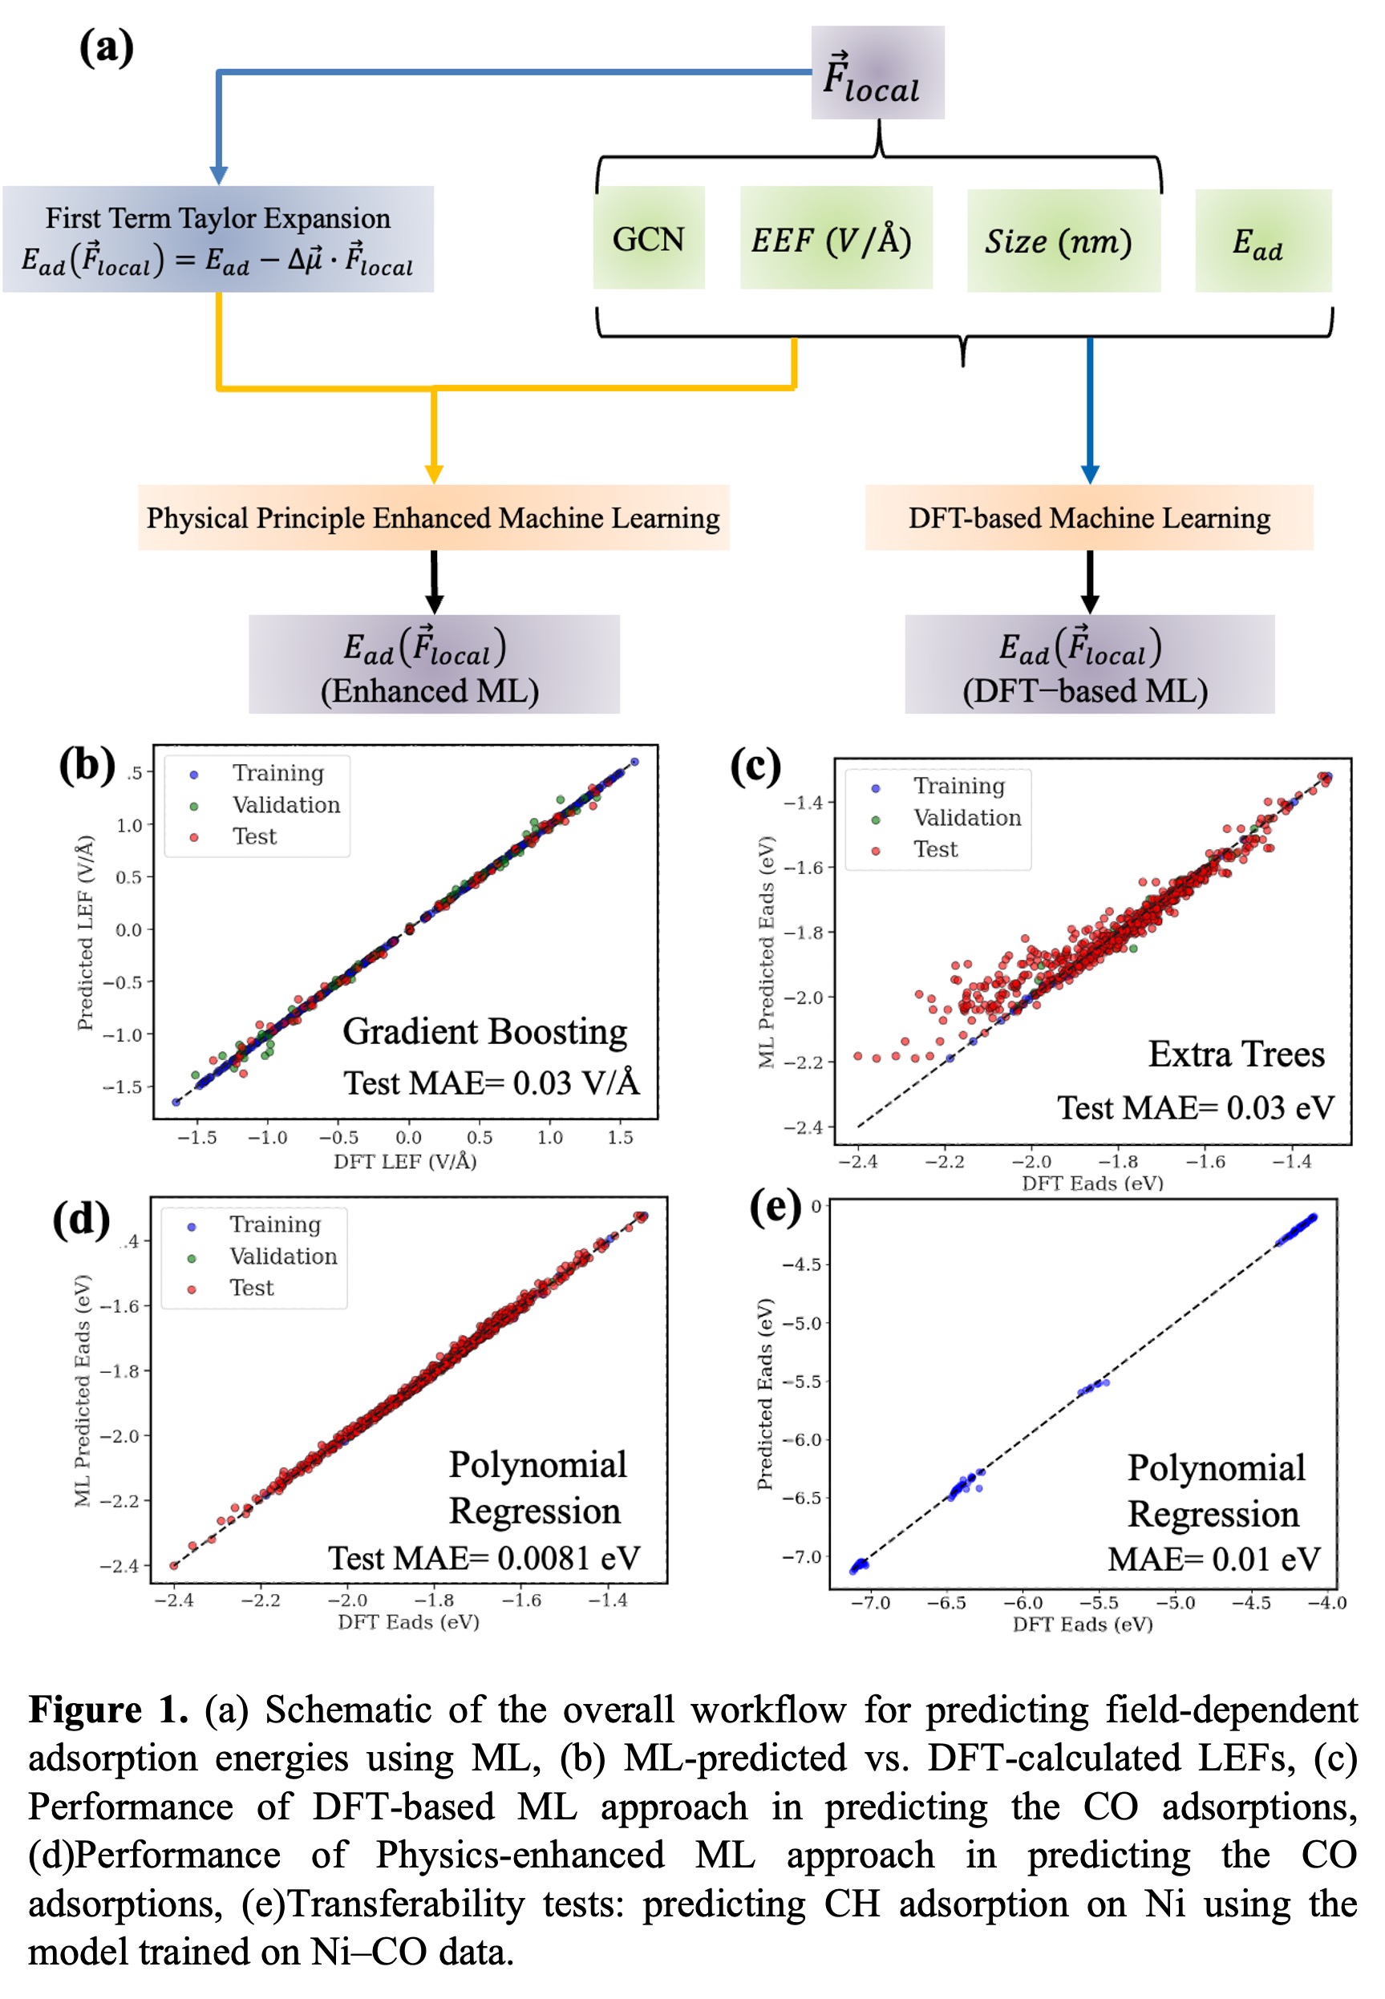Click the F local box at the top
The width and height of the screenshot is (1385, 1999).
(x=877, y=73)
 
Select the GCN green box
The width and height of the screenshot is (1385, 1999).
(x=648, y=239)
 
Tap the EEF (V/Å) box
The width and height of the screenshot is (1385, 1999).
(x=835, y=239)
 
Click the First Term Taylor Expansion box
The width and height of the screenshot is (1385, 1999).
(x=218, y=239)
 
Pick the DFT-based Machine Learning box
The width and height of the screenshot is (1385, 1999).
(x=1088, y=518)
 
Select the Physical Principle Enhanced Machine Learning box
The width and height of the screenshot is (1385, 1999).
(x=433, y=518)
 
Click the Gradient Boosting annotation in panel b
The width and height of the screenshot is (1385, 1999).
(x=484, y=1032)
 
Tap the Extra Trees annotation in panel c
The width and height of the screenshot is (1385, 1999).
(x=1236, y=1054)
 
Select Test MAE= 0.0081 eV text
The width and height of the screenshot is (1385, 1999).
(x=484, y=1558)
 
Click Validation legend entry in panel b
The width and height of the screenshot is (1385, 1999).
(x=286, y=805)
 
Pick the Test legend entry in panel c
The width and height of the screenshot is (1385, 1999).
(x=934, y=849)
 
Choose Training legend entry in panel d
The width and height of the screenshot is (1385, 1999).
(x=274, y=1224)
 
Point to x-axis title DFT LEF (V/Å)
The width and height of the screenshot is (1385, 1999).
(x=404, y=1161)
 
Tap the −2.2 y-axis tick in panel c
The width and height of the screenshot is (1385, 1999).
(x=803, y=1062)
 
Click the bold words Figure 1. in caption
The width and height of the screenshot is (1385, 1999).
(x=108, y=1710)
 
